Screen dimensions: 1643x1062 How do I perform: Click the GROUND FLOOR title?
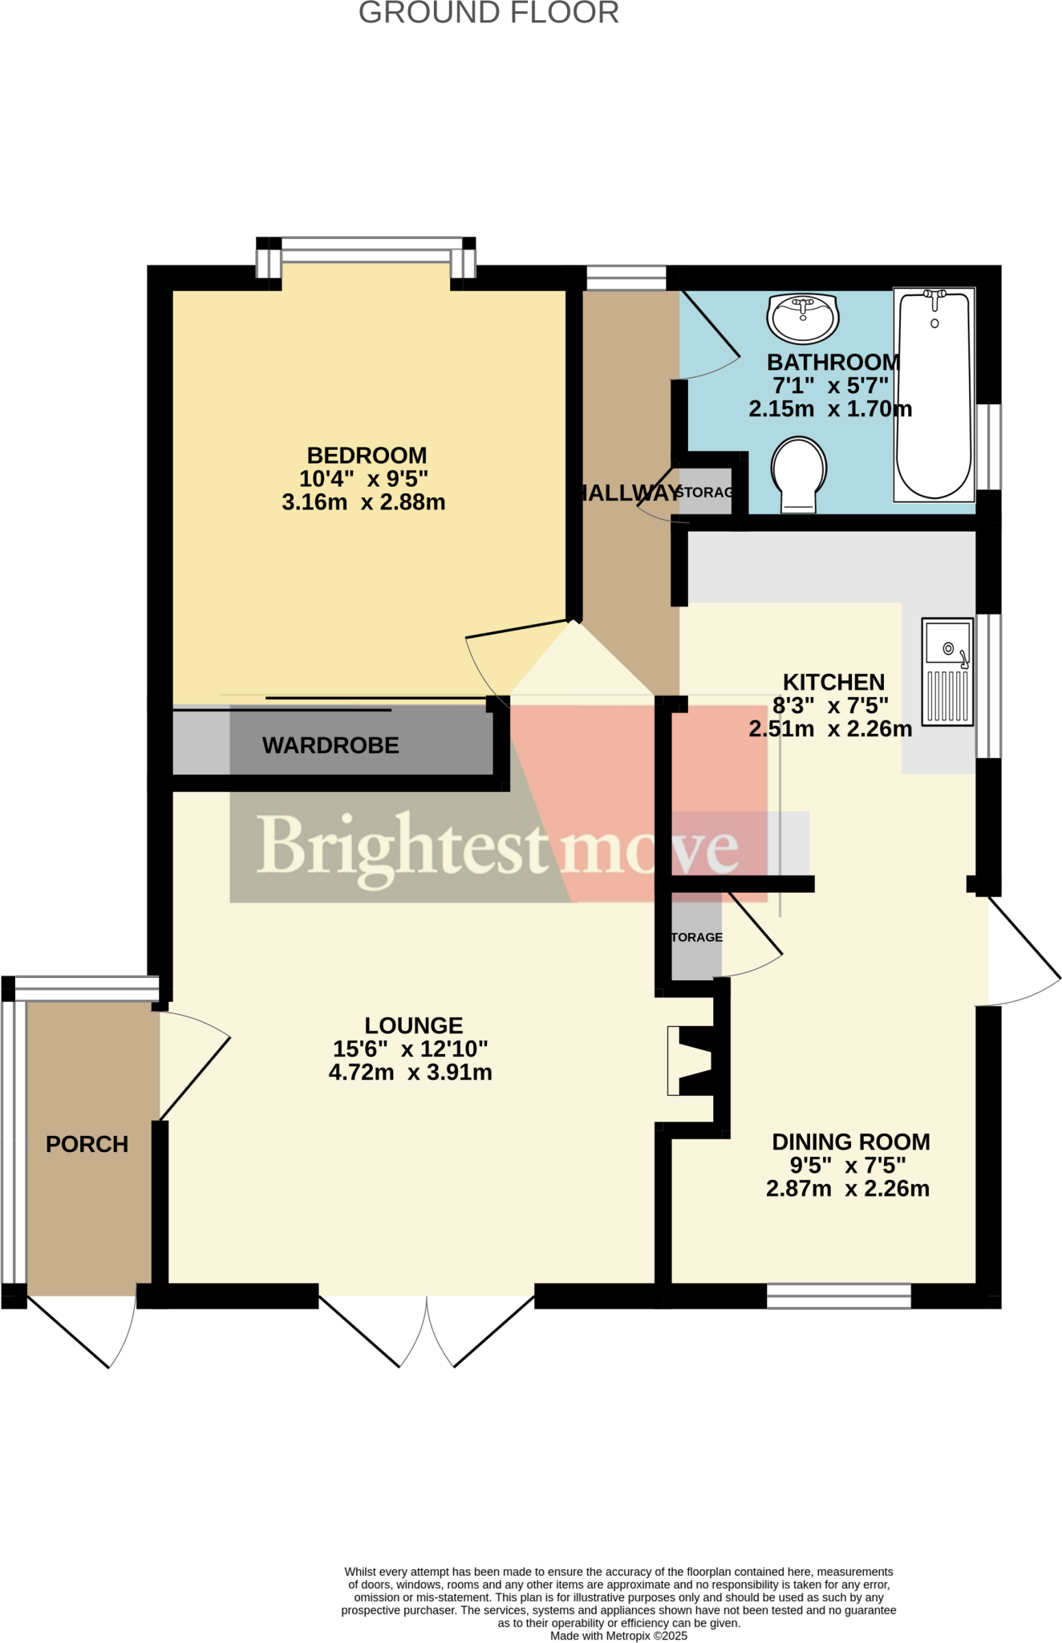488,14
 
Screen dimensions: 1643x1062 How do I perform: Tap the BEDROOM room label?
367,456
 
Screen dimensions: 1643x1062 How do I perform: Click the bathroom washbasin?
803,317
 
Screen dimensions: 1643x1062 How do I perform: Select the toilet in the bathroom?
799,474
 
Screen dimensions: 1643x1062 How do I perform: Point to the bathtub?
934,395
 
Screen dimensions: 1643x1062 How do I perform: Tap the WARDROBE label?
330,745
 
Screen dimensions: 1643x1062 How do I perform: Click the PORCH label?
87,1144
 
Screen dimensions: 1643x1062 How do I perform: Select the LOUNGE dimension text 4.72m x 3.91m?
410,1073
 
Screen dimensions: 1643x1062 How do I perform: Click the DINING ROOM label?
850,1142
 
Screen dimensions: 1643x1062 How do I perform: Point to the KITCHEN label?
833,682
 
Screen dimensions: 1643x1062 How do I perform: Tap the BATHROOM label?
833,363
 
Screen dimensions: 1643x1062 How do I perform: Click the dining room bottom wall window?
838,1296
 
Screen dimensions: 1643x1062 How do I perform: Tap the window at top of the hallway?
626,278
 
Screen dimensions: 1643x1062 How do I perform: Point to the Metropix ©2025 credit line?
618,1636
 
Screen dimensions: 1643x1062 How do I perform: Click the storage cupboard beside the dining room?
695,937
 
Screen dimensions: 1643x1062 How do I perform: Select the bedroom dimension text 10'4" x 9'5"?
363,479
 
